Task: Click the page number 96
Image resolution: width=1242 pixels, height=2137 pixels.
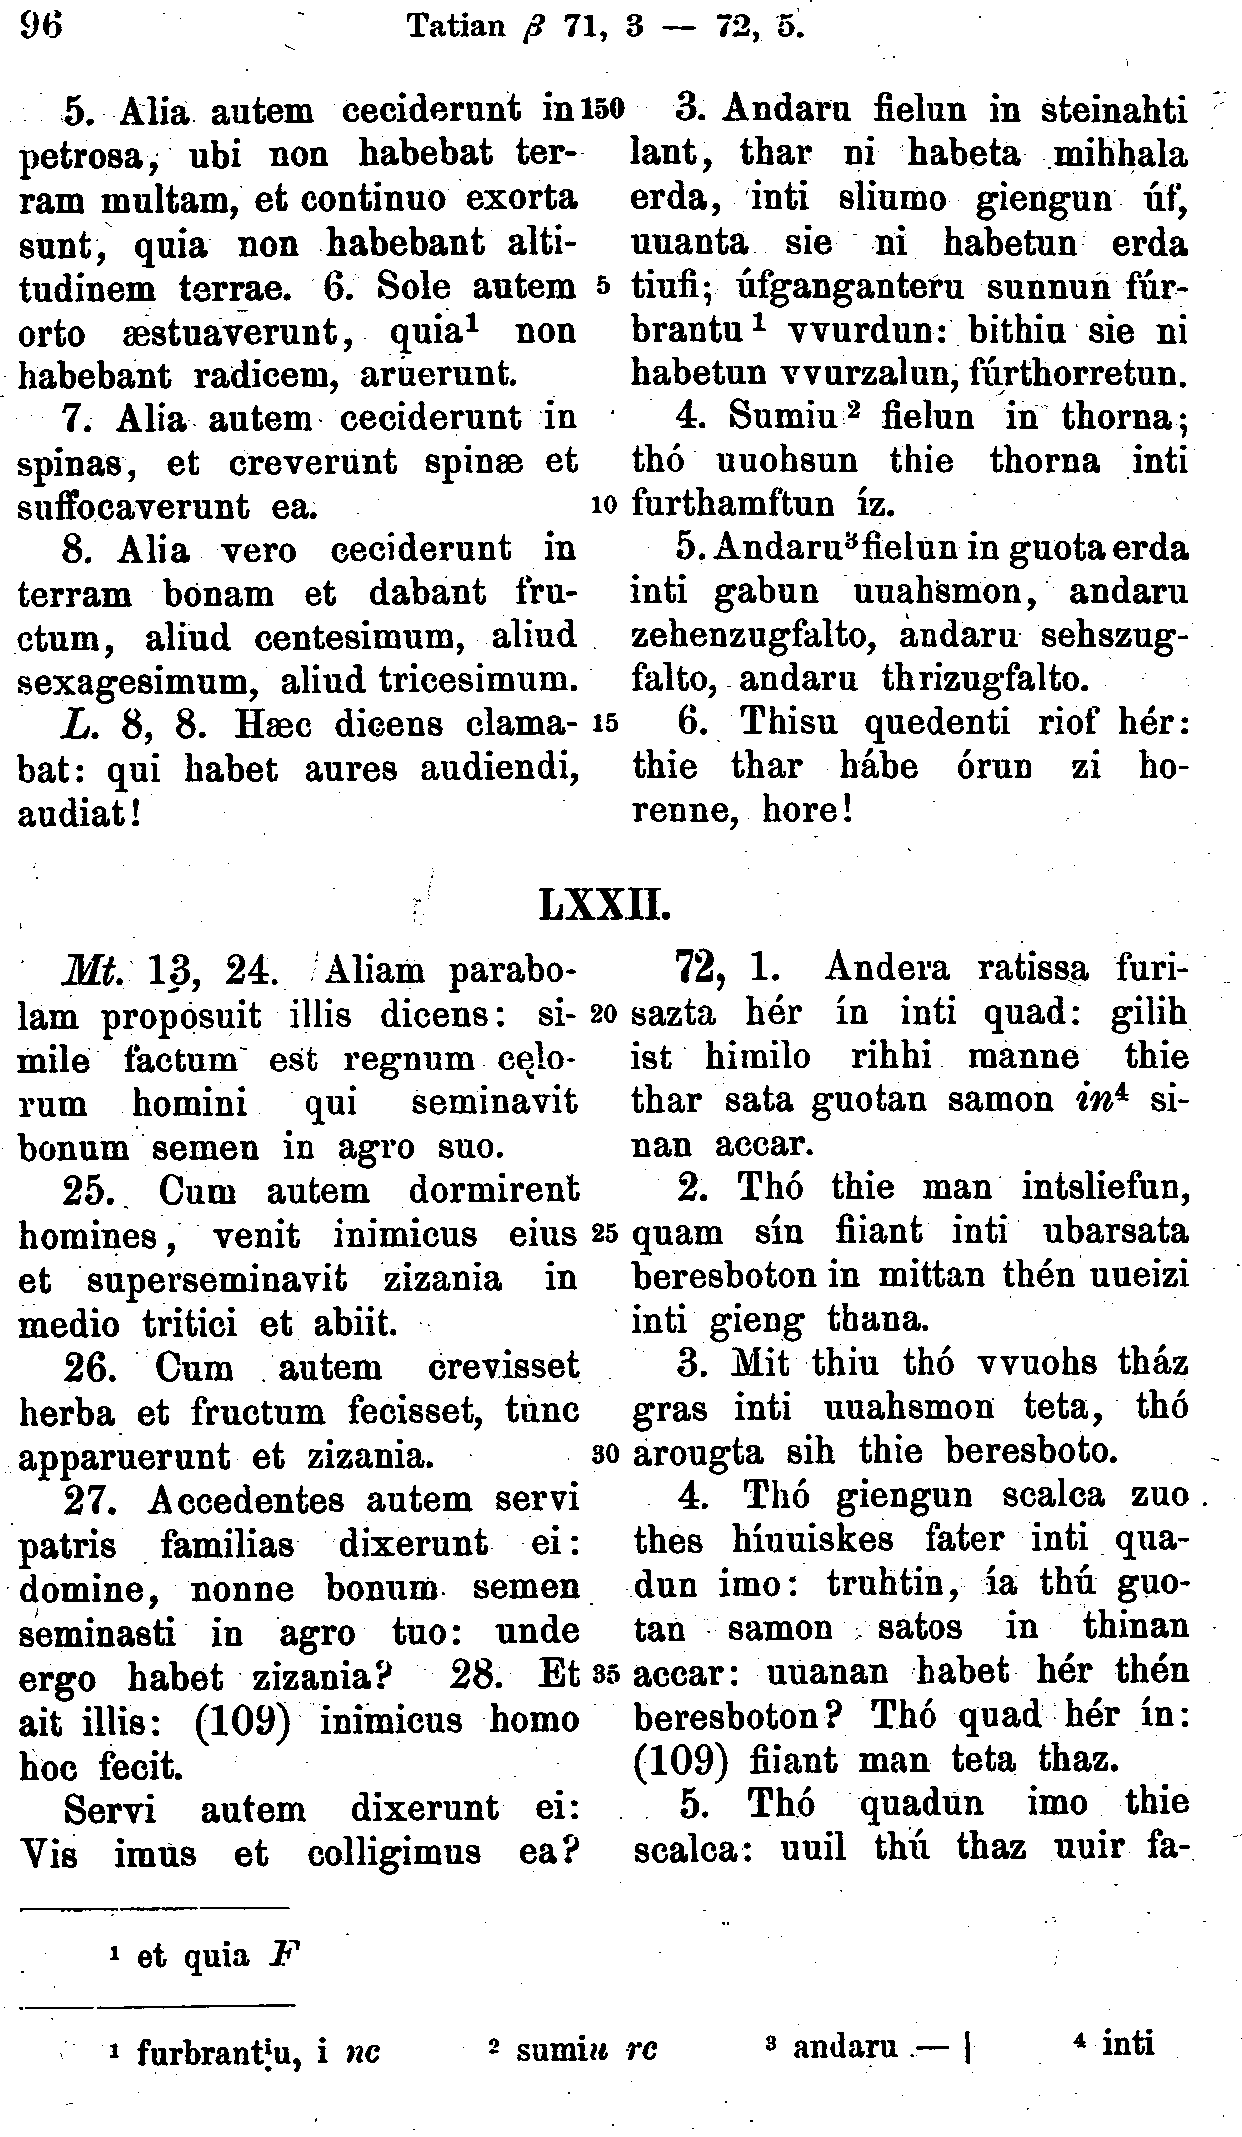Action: coord(39,22)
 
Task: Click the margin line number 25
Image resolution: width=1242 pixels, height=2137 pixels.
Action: coord(606,1233)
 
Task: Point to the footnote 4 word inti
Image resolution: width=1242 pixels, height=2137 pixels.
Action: coord(1127,2043)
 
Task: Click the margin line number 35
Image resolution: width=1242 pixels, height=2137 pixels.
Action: coord(606,1673)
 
